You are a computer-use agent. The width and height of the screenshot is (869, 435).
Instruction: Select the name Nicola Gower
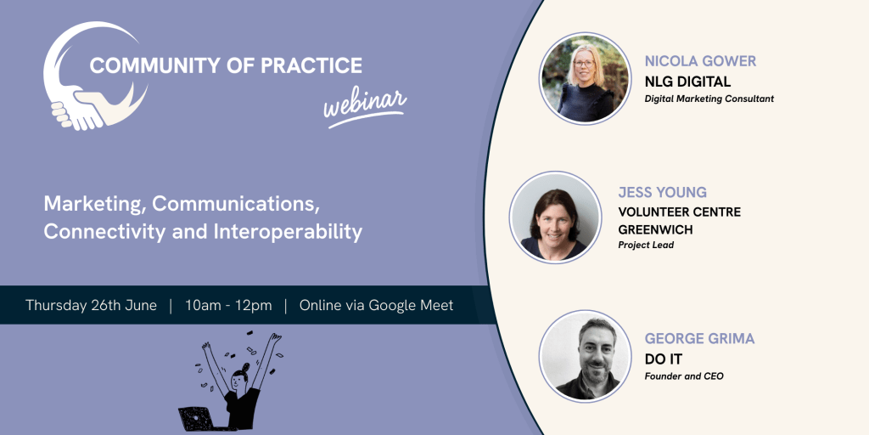700,61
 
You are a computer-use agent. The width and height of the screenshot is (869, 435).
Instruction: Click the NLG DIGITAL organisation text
687,82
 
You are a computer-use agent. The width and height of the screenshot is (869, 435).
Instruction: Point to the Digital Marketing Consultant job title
709,99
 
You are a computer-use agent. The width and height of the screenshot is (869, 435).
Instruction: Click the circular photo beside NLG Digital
585,77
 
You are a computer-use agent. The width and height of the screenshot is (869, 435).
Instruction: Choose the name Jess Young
662,193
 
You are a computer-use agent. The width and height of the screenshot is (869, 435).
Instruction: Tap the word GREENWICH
655,229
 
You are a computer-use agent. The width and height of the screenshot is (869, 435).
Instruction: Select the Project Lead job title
646,246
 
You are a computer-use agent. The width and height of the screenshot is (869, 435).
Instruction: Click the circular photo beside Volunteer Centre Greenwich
555,217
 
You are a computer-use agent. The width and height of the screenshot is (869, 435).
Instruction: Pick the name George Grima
699,338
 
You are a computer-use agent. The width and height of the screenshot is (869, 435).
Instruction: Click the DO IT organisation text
663,359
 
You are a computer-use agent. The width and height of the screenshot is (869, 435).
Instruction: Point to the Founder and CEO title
684,376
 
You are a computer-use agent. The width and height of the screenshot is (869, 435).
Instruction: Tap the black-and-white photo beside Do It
585,356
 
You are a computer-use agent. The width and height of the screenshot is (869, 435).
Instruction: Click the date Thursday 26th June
91,305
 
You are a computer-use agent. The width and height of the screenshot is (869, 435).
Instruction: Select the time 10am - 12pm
228,305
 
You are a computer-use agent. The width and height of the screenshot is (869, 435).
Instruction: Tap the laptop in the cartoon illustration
196,418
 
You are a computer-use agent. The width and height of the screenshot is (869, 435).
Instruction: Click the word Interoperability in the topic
287,232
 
